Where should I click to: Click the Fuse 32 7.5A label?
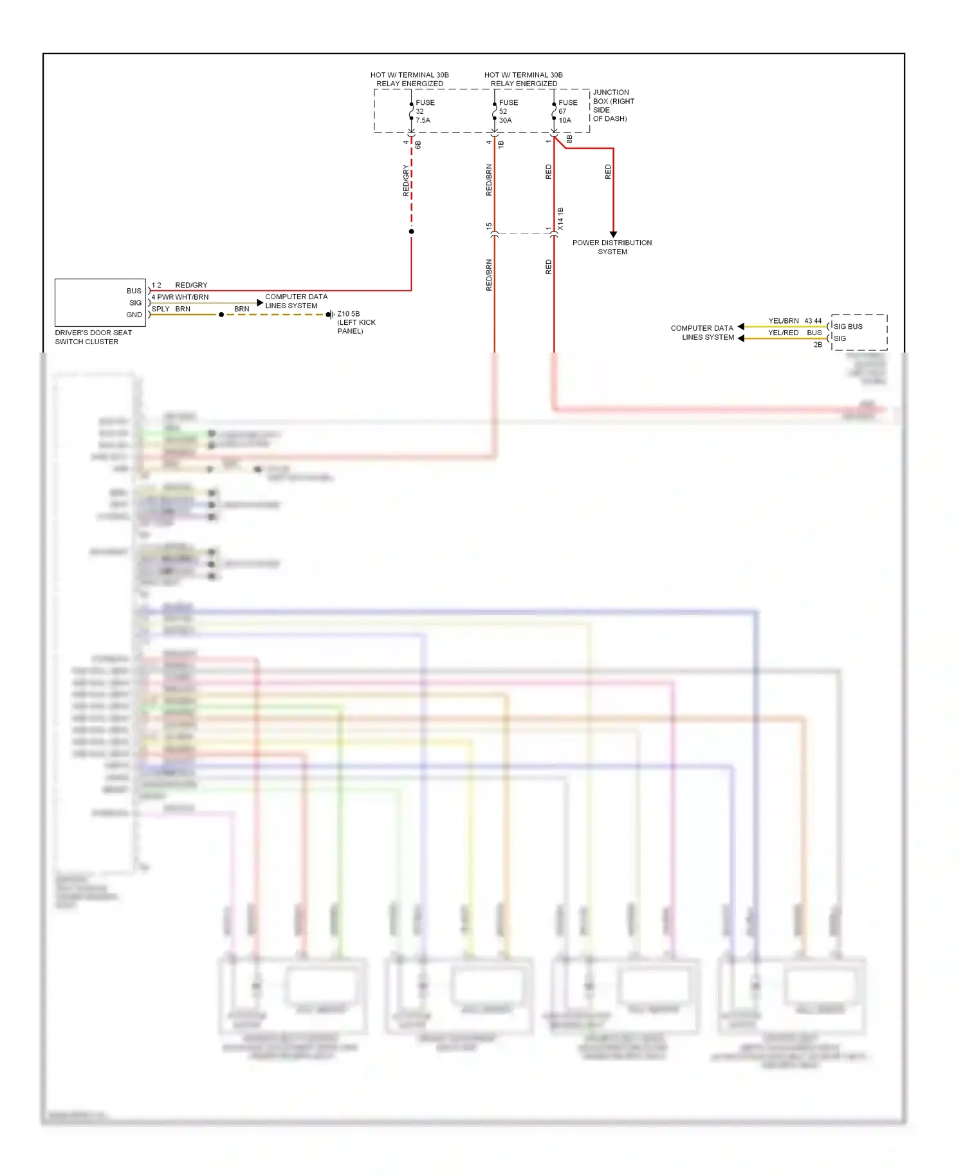[x=425, y=111]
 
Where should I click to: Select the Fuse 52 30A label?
[x=508, y=111]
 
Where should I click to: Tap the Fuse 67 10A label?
[x=567, y=111]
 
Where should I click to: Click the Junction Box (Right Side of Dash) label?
[x=613, y=106]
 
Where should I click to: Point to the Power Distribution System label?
[x=612, y=247]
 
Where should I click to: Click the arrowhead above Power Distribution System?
[x=613, y=234]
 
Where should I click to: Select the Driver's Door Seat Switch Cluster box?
[x=100, y=302]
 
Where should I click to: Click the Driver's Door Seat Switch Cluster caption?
[x=93, y=337]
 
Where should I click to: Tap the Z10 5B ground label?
[x=356, y=322]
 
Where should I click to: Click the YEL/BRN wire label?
[x=784, y=320]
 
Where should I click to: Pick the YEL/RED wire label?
[x=783, y=333]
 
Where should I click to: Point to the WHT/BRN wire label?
[x=192, y=297]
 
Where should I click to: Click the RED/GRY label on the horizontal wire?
[x=191, y=285]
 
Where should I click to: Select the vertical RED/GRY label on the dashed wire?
[x=406, y=180]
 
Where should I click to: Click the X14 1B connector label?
[x=560, y=219]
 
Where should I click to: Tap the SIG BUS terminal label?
[x=848, y=326]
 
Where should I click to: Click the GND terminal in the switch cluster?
[x=134, y=315]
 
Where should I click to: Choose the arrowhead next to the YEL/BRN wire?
[x=741, y=327]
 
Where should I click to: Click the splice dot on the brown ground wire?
[x=221, y=315]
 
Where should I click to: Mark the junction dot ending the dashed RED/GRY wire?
[x=411, y=232]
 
